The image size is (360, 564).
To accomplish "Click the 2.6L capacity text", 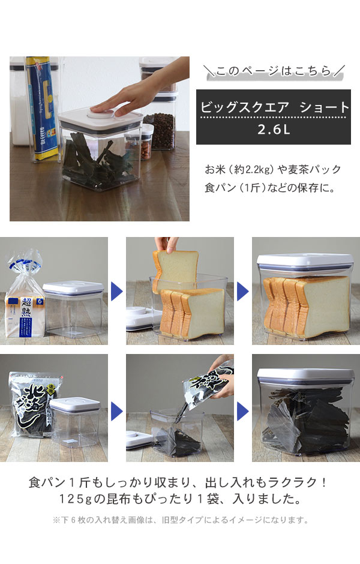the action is coord(274,130).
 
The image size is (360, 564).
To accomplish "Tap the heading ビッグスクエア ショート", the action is coord(275,107).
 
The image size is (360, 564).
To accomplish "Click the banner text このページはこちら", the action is coord(274,71).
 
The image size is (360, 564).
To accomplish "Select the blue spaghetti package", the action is coord(43,107).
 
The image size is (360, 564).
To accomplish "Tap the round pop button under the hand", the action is coord(101,113).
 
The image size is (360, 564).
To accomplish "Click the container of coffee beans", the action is coord(160,130).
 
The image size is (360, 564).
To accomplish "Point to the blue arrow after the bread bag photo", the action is coord(116,291).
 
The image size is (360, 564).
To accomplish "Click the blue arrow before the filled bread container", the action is coord(243,291).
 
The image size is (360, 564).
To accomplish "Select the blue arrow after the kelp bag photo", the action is coord(116,411).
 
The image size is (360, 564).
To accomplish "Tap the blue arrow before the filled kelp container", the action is coord(243,411).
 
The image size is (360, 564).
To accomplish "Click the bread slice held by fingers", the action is coord(176,270).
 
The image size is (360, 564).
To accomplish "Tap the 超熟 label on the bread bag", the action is coord(26,307).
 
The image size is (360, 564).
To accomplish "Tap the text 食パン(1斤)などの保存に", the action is coord(270,187).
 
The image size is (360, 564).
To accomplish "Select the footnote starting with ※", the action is coord(181,520).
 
